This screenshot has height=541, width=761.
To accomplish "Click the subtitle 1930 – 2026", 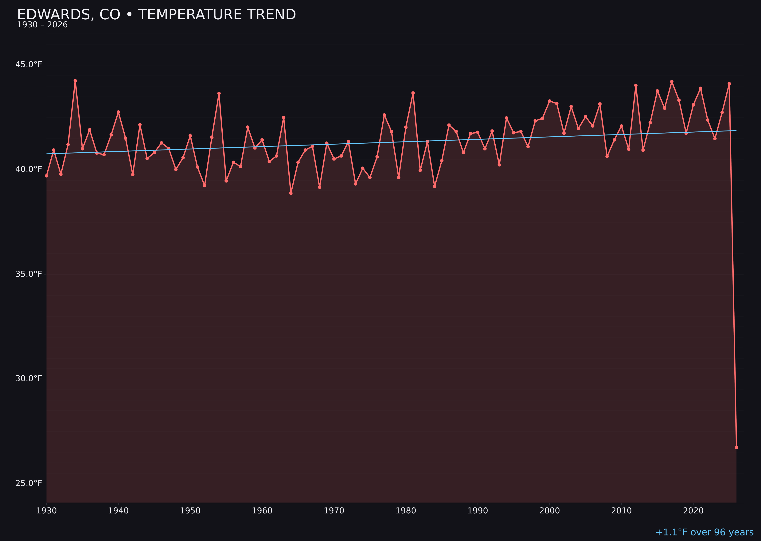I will coord(42,25).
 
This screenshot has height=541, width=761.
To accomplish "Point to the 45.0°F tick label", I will coord(29,64).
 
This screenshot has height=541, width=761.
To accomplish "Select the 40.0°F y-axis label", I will coord(29,169).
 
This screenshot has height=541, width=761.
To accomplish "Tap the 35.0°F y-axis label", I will coord(29,274).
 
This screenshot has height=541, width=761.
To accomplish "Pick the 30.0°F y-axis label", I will coord(29,379).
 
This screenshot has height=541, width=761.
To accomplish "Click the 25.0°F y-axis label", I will coord(29,483).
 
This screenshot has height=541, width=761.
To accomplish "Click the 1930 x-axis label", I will coord(46,511).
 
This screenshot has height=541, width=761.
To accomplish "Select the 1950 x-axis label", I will coord(190,511).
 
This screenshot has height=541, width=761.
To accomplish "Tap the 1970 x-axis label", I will coord(334,511).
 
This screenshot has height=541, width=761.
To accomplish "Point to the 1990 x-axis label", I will coord(478,511).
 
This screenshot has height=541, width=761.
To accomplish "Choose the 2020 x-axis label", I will coord(693,511).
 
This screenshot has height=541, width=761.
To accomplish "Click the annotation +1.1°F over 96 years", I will coord(704,532).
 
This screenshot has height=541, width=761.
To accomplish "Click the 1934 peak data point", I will coord(75,81).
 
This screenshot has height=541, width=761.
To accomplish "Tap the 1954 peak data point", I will coord(219,93).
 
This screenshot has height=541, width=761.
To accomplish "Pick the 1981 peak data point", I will coord(413,93).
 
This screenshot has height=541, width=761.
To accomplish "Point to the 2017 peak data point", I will coord(672,81).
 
